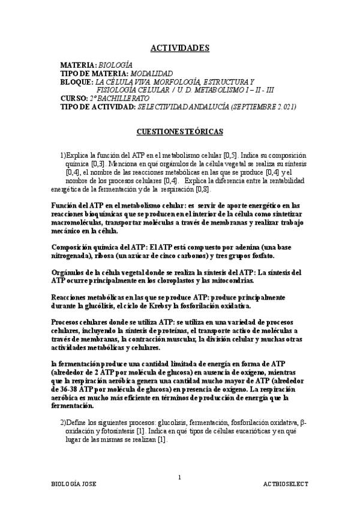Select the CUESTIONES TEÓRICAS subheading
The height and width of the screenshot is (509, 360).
[179, 130]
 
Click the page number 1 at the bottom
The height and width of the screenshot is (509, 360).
[179, 477]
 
